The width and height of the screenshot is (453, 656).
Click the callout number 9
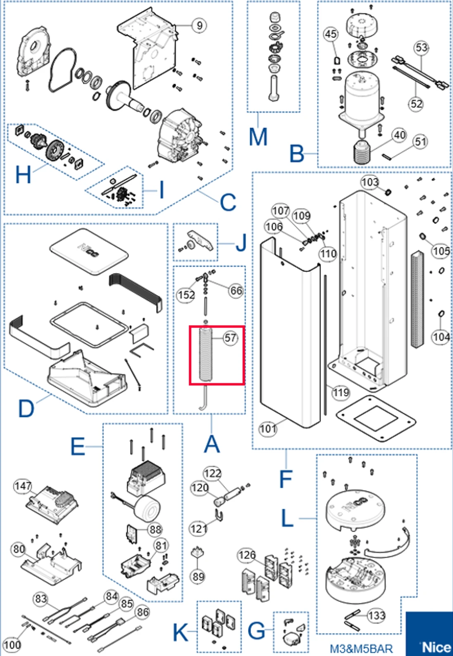pyautogui.click(x=199, y=26)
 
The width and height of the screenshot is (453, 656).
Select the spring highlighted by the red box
pyautogui.click(x=205, y=354)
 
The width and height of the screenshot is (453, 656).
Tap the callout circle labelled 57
pyautogui.click(x=230, y=338)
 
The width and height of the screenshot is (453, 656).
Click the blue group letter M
pyautogui.click(x=258, y=137)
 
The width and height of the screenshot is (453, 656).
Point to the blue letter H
pyautogui.click(x=23, y=174)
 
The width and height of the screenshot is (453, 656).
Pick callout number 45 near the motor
pyautogui.click(x=331, y=34)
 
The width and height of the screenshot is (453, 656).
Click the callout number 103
pyautogui.click(x=370, y=182)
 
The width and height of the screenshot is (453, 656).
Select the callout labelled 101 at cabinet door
pyautogui.click(x=267, y=429)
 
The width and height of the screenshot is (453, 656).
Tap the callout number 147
pyautogui.click(x=22, y=486)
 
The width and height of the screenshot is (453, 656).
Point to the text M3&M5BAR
pyautogui.click(x=361, y=649)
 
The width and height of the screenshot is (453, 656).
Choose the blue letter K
pyautogui.click(x=181, y=632)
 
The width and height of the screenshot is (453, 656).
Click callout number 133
pyautogui.click(x=376, y=616)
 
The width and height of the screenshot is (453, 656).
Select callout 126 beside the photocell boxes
pyautogui.click(x=247, y=555)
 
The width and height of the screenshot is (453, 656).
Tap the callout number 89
pyautogui.click(x=198, y=576)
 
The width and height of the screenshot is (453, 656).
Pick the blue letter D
pyautogui.click(x=26, y=408)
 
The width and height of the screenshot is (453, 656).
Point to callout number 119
pyautogui.click(x=341, y=392)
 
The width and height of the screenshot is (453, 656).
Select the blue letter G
pyautogui.click(x=257, y=632)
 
